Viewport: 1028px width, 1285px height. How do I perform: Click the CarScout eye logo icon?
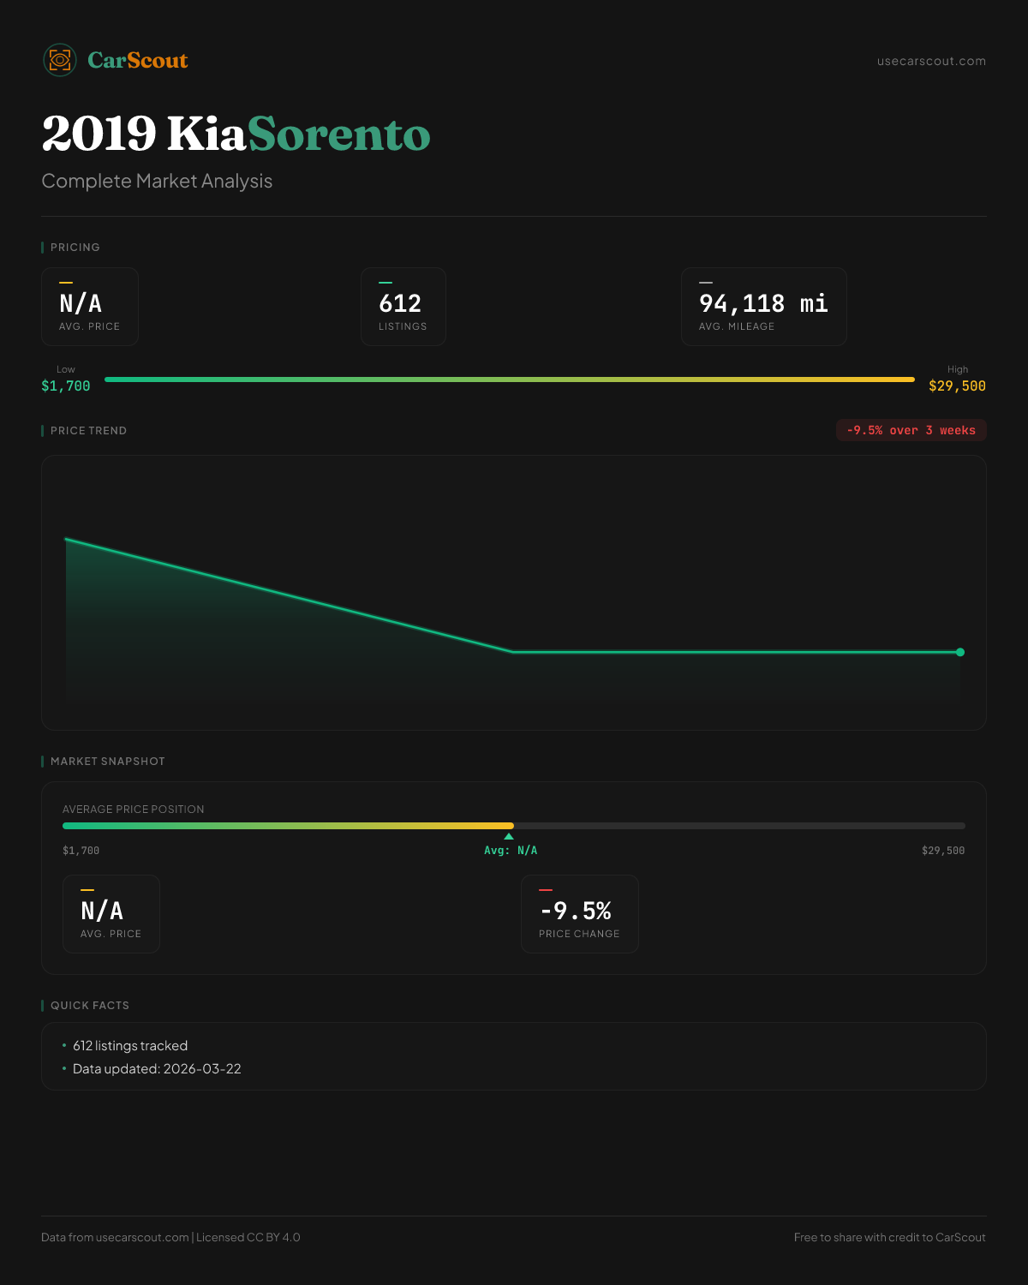click(x=60, y=60)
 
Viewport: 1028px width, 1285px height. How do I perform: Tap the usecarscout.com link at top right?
click(x=931, y=61)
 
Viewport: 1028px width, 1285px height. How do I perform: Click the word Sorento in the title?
click(x=339, y=134)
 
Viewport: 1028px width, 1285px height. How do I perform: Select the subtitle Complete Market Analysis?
click(x=157, y=181)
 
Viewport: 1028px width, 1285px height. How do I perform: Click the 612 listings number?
click(x=400, y=303)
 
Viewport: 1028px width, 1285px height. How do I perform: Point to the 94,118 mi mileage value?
click(x=763, y=303)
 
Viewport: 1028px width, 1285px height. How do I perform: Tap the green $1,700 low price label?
click(x=66, y=386)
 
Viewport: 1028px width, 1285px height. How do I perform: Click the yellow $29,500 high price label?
click(x=957, y=386)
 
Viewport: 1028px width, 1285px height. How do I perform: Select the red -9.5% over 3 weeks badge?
click(x=911, y=430)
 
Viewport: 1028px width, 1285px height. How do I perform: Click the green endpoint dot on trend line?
click(x=960, y=652)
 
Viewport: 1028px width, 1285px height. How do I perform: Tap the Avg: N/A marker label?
click(x=511, y=851)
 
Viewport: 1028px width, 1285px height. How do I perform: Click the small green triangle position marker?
click(x=509, y=836)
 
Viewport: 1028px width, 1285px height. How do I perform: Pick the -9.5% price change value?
click(x=576, y=911)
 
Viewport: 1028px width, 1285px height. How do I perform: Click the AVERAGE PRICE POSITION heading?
click(x=134, y=809)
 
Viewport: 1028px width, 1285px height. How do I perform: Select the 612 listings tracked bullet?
click(x=130, y=1045)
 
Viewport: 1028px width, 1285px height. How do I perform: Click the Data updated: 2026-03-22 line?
click(x=157, y=1068)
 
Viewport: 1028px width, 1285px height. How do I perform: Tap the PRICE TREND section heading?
click(x=88, y=430)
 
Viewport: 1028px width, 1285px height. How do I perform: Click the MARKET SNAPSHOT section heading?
click(x=107, y=761)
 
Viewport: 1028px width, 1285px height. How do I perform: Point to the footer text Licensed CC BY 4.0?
click(x=248, y=1237)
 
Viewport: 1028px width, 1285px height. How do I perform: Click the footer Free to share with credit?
click(x=889, y=1237)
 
